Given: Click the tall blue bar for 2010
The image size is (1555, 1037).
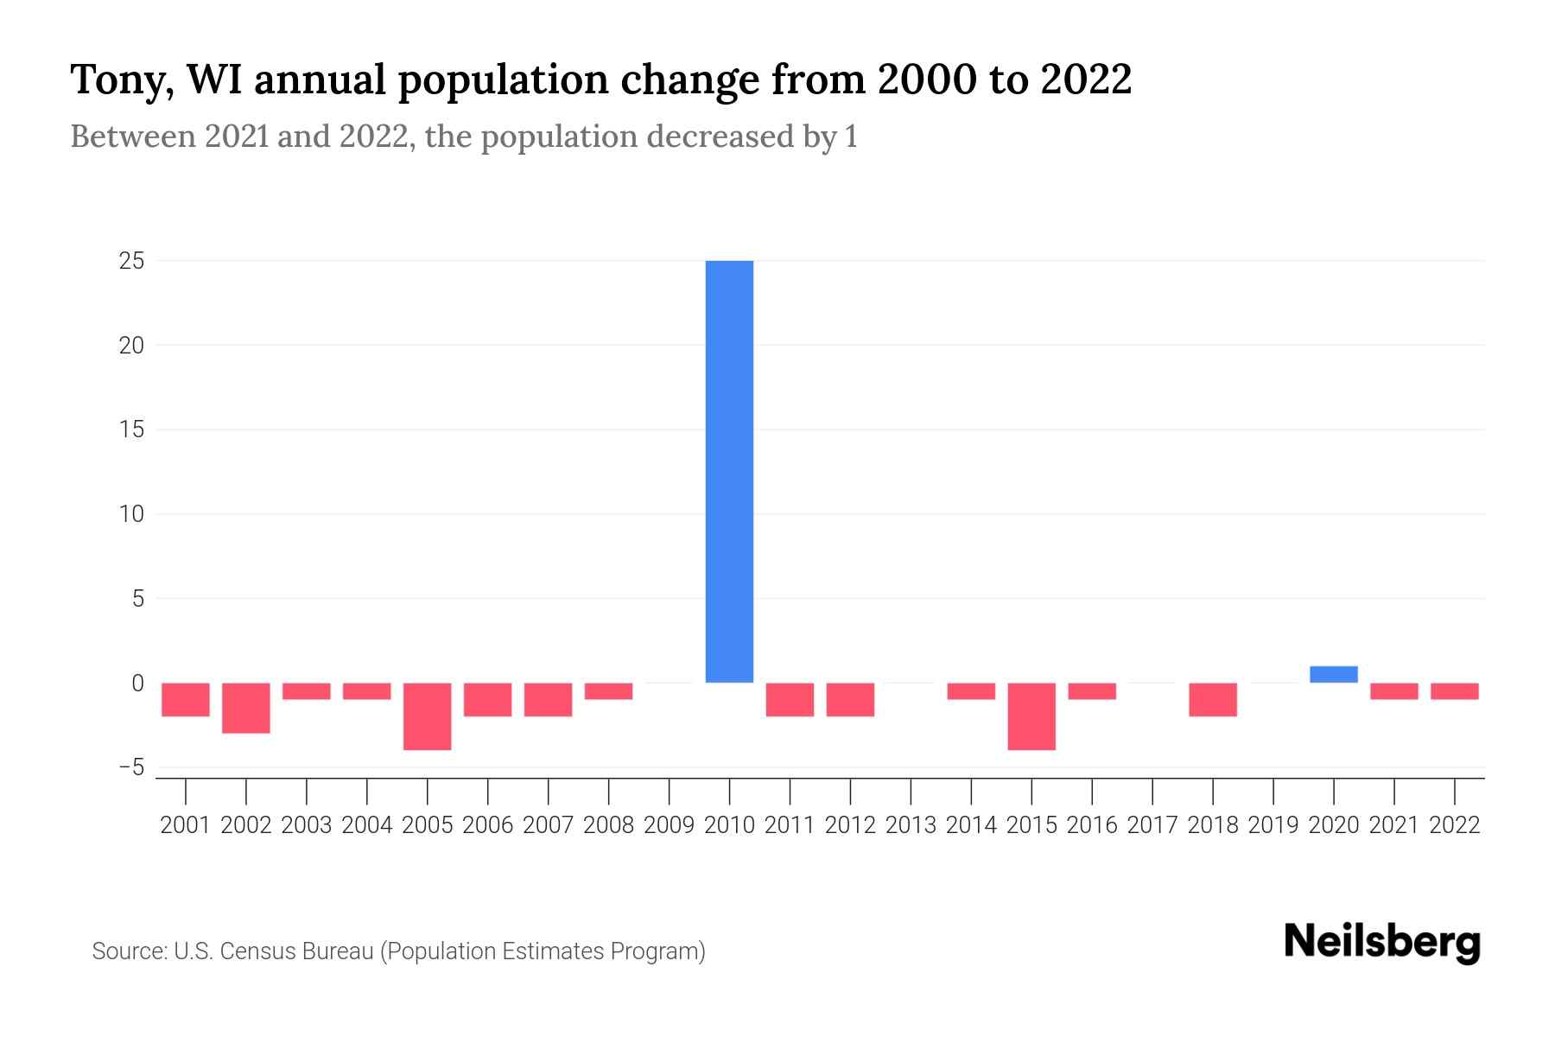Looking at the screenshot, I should (729, 471).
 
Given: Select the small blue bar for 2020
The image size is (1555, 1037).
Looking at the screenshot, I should (1334, 674).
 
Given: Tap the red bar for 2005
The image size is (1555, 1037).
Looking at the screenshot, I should (428, 716).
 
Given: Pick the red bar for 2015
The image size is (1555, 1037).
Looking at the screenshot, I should (1031, 716).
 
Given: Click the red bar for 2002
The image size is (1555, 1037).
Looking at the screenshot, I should (246, 708).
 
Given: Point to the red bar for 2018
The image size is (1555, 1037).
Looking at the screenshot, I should (1213, 699).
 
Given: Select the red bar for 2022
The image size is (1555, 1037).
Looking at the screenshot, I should (1455, 690).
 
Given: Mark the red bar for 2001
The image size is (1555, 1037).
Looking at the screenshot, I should (186, 699).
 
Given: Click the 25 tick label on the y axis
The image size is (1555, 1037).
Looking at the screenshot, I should (131, 260).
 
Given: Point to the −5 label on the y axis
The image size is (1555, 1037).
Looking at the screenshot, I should (131, 767).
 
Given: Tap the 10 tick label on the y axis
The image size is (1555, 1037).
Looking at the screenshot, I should (131, 514).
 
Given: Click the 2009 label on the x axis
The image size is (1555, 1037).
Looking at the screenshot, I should (670, 825).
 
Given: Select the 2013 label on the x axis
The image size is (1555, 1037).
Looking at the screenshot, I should (911, 825).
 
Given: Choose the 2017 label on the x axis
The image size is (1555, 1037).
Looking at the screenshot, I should (1152, 825).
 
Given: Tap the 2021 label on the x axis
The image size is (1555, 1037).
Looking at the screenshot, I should (1394, 825).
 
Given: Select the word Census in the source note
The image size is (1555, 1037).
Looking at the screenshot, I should (257, 951).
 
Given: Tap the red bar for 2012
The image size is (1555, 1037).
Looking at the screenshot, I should (850, 699).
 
